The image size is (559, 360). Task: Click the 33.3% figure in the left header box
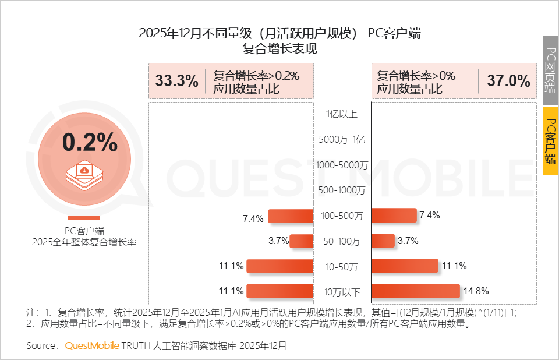177,81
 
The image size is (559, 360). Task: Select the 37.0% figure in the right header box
508,81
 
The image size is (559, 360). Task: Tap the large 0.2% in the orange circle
90,142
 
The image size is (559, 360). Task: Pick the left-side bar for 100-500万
291,216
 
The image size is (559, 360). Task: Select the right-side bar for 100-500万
394,216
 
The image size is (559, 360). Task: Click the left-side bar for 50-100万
302,241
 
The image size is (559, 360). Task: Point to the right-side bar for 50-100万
383,241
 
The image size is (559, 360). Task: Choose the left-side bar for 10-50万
280,266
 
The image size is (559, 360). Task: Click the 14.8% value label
475,291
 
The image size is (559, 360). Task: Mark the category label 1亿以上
342,114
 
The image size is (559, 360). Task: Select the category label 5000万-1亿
342,140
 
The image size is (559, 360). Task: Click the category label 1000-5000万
342,165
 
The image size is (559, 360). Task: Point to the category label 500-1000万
342,190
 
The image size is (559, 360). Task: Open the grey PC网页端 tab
550,70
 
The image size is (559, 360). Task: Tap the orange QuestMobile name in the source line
91,345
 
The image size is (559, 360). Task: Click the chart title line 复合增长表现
280,50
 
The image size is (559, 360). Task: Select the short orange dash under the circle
84,218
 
